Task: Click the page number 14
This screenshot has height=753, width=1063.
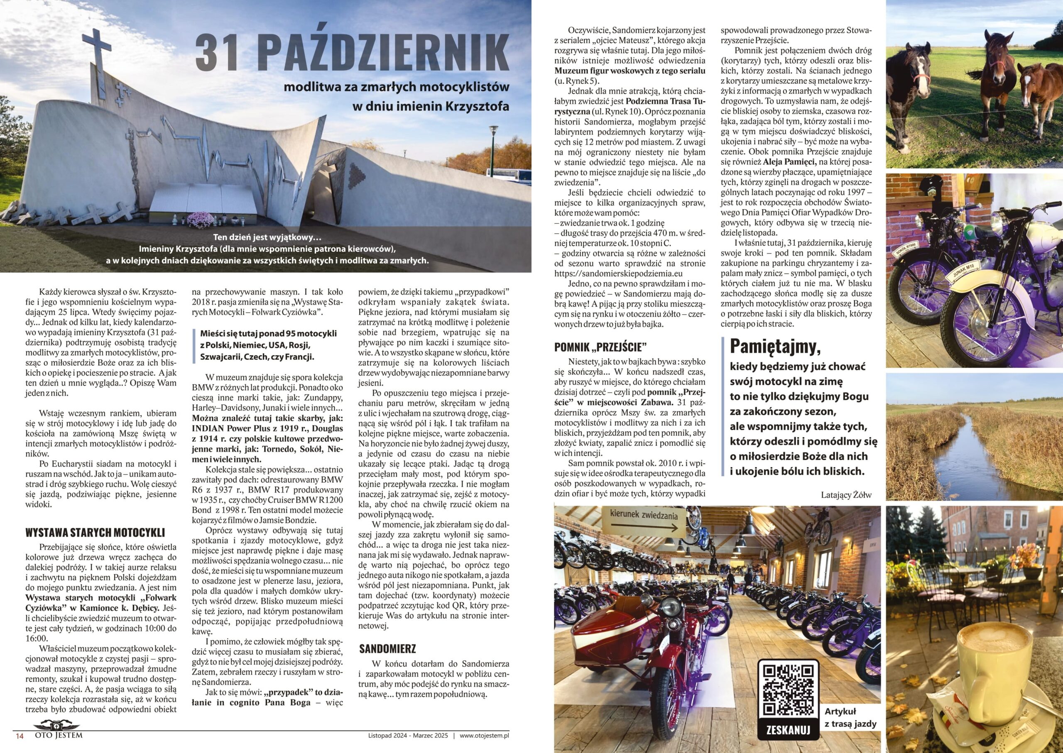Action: (20, 736)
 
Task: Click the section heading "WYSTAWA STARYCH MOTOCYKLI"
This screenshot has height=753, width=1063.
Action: (95, 532)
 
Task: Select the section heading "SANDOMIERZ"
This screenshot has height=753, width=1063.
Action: (387, 648)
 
